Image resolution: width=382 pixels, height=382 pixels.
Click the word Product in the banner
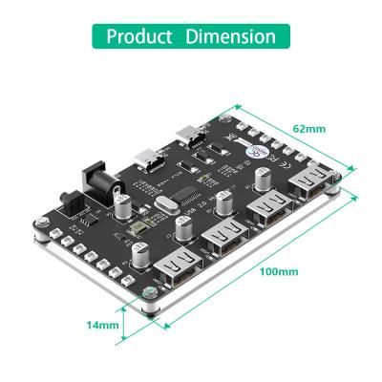click(x=139, y=37)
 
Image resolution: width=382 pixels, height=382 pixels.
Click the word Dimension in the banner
click(x=230, y=37)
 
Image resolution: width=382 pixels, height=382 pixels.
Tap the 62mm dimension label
click(x=308, y=128)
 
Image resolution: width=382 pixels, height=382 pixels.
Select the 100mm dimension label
click(x=278, y=271)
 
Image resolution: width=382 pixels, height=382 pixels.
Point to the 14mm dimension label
click(x=102, y=325)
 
